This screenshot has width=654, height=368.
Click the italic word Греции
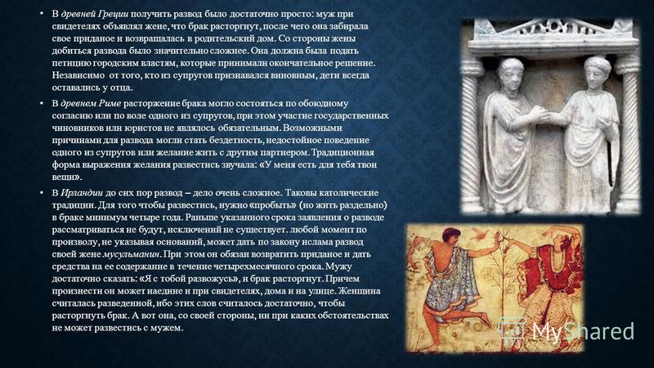point(113,14)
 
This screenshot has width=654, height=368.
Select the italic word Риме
point(110,103)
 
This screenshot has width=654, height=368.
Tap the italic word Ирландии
point(82,193)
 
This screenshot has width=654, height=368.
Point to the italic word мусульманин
point(132,254)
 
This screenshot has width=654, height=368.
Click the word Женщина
point(360,291)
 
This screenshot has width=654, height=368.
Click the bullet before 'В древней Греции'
point(42,14)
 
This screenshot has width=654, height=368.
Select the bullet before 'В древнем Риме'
point(42,103)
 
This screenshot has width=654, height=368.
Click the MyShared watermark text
point(583,332)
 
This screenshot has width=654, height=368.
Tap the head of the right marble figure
point(597,73)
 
